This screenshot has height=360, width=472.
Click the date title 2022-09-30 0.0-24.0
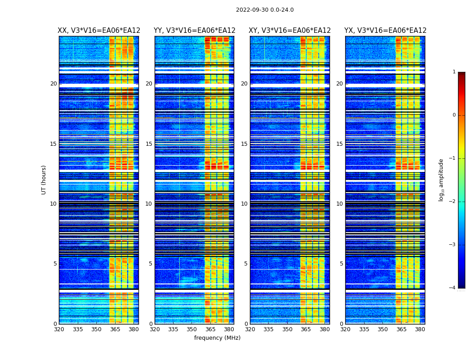265,10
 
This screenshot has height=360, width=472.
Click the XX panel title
99,31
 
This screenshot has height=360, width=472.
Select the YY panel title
194,31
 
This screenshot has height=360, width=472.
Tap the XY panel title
289,31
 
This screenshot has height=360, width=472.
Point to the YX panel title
385,31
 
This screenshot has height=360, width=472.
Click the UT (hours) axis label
44,180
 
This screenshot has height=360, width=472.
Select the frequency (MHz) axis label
217,338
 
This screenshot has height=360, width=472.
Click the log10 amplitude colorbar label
441,180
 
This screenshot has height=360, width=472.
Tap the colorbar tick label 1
454,72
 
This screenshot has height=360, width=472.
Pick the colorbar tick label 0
454,115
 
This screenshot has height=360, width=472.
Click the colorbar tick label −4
453,288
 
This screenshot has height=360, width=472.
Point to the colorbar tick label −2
453,202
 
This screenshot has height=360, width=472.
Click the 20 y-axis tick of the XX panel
53,84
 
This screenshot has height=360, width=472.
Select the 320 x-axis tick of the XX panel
59,329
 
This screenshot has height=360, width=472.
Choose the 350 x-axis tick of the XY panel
287,329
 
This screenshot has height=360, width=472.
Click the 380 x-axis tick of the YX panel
420,329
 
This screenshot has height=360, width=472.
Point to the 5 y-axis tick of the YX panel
341,264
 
